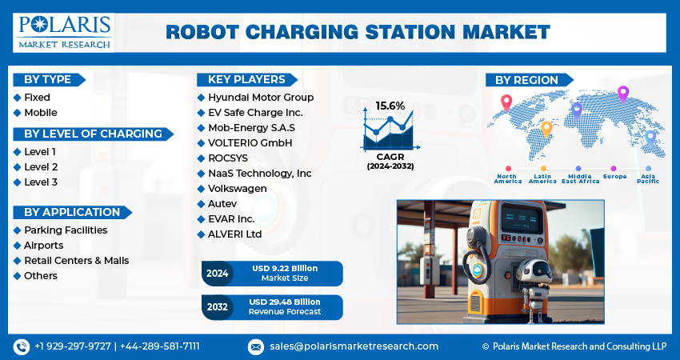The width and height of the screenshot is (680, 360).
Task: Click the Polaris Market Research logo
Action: [64, 33]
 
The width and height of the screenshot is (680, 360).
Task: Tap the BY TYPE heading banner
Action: [49, 80]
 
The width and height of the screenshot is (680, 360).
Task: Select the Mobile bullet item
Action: [41, 113]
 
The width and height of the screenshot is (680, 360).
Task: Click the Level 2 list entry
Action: [41, 167]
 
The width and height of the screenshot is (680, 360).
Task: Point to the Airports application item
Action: [44, 246]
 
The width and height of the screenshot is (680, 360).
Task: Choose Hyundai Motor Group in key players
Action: [261, 97]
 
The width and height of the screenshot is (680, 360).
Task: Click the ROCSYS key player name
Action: [228, 158]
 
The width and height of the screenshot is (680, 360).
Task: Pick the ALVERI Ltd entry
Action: [234, 234]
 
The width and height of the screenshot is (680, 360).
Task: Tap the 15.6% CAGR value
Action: [390, 106]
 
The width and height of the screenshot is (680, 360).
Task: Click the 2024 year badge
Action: [218, 274]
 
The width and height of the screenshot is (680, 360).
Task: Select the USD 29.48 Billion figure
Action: [285, 302]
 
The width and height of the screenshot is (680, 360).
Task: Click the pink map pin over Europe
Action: [622, 94]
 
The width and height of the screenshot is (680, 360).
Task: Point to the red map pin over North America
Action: [506, 102]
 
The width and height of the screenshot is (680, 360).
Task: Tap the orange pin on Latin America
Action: [546, 130]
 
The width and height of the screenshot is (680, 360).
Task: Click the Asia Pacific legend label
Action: [648, 178]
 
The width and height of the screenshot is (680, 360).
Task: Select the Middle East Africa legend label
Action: [580, 178]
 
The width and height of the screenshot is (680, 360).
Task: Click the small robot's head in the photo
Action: [534, 271]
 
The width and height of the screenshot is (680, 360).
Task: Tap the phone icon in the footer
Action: [22, 346]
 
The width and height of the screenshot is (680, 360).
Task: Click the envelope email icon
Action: [256, 346]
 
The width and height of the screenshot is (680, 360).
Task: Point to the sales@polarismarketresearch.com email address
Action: [354, 346]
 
